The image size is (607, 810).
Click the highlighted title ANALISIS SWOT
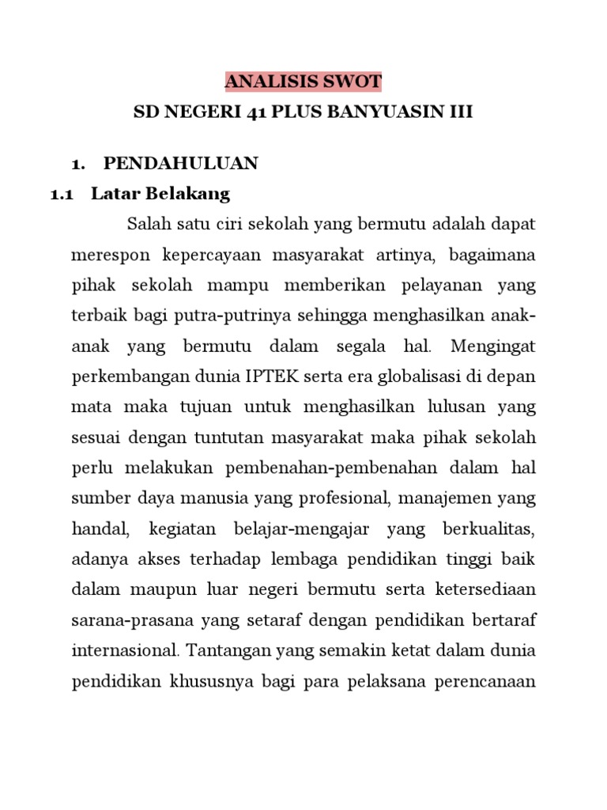[x=303, y=81]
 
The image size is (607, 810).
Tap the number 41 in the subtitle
[x=249, y=112]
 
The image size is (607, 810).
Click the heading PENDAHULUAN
[x=181, y=164]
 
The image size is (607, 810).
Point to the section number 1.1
[x=62, y=194]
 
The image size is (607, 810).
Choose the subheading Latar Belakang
[x=160, y=194]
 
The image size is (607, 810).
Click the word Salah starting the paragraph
[x=148, y=225]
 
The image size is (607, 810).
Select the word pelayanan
[x=439, y=286]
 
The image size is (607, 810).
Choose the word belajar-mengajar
[x=303, y=529]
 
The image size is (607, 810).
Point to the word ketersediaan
[x=484, y=590]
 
